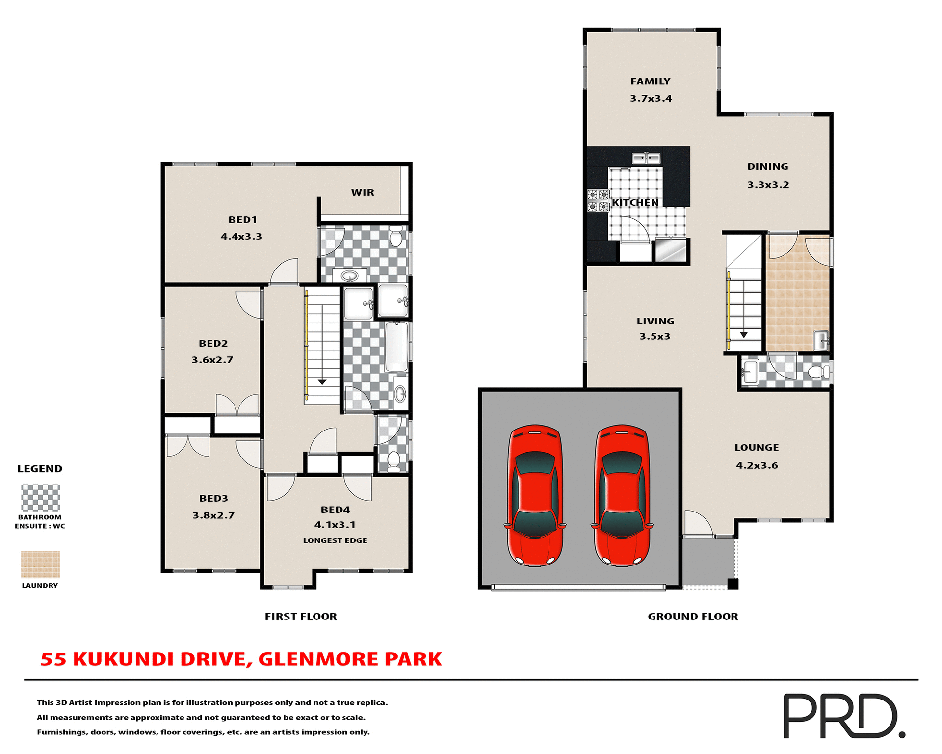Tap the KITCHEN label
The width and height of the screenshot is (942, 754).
635,203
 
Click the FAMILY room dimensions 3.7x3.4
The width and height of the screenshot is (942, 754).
651,98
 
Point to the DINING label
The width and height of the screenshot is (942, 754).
767,167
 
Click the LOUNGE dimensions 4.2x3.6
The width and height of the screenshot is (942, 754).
757,465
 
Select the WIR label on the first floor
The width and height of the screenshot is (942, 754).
363,193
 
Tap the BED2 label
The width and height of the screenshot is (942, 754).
213,344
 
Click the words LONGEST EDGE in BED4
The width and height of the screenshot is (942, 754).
335,540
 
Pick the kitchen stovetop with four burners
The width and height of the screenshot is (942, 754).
598,201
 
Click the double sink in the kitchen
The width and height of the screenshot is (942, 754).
646,159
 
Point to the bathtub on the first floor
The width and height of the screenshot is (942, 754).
396,347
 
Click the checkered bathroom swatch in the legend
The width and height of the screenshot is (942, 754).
40,498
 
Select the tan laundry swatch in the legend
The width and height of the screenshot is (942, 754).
40,565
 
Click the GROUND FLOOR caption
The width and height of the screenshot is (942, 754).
692,617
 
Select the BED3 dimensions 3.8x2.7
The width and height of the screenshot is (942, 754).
213,515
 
